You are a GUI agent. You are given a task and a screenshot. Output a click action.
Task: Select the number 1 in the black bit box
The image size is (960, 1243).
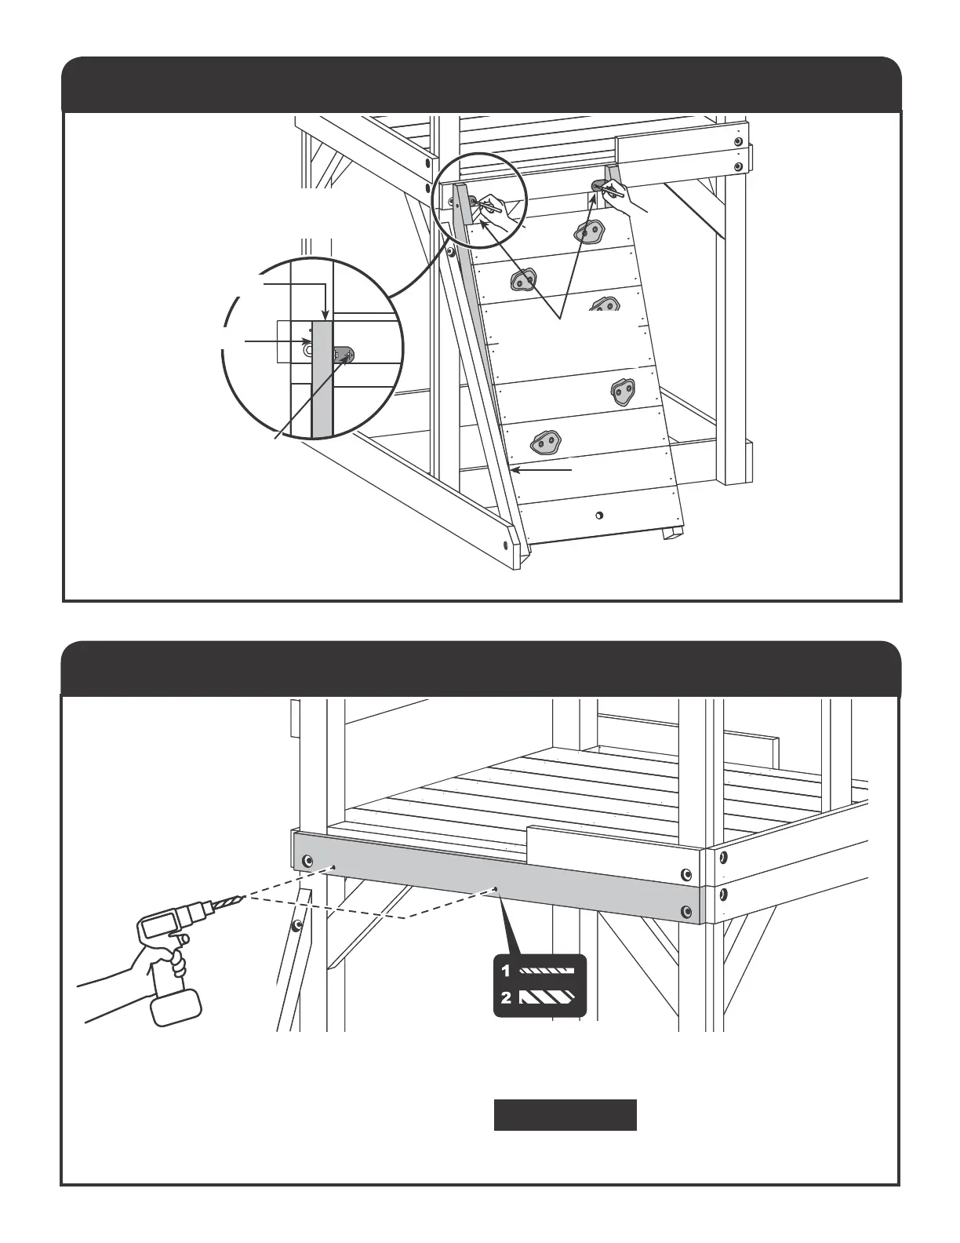pos(506,971)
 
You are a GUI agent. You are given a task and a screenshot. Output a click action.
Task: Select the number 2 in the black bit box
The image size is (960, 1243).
pos(506,999)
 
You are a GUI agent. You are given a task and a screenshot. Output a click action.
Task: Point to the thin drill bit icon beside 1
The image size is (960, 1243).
pos(547,971)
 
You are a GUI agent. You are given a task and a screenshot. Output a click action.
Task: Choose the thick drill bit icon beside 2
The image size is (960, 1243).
pos(547,999)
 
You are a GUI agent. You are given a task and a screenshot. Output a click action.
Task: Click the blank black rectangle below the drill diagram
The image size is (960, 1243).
pos(565,1115)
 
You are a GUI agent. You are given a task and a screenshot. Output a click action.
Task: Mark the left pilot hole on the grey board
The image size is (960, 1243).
pos(333,868)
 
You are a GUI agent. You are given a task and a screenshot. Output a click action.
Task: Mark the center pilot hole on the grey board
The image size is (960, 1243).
pos(496,888)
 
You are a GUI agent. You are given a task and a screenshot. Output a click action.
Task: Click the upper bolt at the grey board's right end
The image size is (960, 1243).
pos(686,874)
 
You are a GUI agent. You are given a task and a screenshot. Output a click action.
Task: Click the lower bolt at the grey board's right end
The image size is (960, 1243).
pos(687,910)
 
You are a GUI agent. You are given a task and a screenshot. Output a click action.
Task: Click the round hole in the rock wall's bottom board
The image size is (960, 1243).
pos(598,516)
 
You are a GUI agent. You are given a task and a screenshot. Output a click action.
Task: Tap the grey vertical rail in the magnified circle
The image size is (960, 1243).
pos(322,377)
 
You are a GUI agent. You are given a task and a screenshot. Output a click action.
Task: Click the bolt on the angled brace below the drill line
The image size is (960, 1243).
pos(296,927)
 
